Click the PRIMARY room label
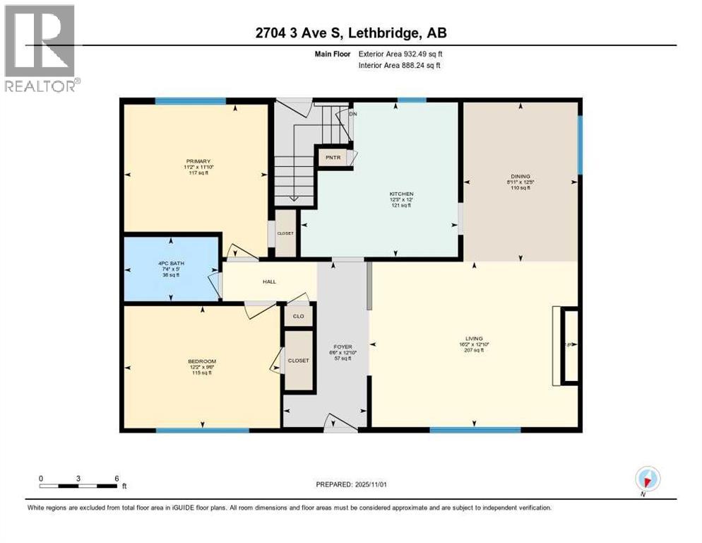click(x=194, y=161)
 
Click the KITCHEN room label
click(x=400, y=194)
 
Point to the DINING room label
click(x=521, y=176)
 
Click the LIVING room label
click(x=473, y=339)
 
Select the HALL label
click(x=269, y=281)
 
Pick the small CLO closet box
click(x=298, y=315)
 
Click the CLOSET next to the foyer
click(x=298, y=361)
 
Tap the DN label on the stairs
click(x=352, y=114)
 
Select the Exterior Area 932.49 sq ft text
click(x=400, y=53)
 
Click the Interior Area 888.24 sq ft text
click(x=399, y=66)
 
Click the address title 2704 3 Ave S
click(x=350, y=33)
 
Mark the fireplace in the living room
click(x=569, y=346)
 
